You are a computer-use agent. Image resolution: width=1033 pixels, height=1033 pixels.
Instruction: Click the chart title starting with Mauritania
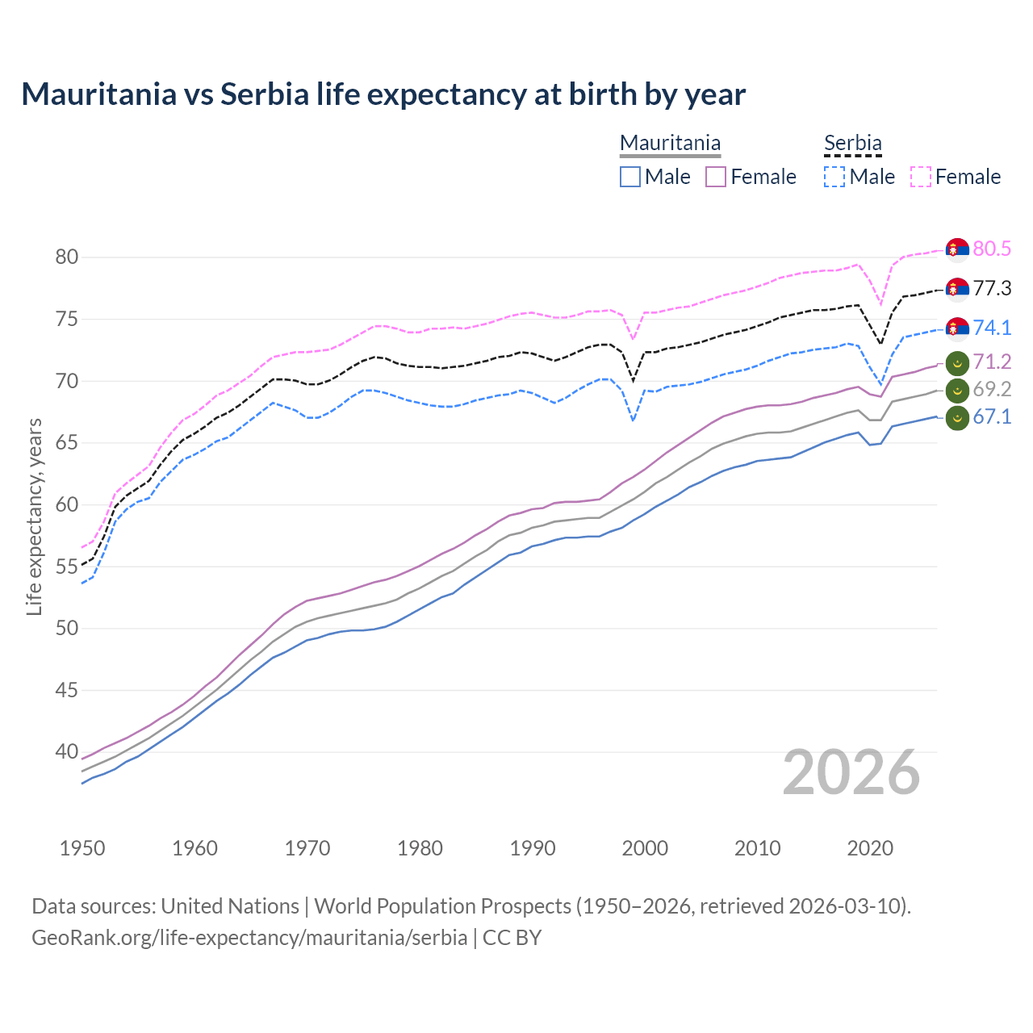click(383, 94)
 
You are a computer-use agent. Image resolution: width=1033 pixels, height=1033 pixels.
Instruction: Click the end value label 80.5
click(992, 249)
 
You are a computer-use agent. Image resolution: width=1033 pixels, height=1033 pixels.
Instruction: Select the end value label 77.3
click(992, 288)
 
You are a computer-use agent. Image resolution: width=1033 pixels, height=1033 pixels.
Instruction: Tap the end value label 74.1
click(992, 328)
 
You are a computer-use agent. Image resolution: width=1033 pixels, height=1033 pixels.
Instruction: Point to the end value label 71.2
click(992, 362)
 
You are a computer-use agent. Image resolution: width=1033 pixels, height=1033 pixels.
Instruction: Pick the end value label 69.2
click(992, 390)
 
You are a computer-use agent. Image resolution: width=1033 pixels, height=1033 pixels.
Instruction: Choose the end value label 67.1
click(992, 417)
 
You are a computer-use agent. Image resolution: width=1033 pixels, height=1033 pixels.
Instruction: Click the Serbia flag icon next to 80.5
click(957, 249)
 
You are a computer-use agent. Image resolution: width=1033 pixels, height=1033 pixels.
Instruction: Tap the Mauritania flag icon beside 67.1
click(957, 418)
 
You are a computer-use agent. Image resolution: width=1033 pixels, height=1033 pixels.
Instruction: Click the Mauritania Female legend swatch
click(716, 177)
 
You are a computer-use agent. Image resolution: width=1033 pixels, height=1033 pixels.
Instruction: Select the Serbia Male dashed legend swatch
click(834, 177)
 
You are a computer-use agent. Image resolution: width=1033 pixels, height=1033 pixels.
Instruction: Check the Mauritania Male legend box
click(630, 177)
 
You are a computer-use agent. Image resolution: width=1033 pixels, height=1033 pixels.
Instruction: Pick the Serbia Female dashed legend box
click(921, 177)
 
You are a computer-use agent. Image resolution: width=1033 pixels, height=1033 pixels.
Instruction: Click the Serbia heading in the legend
click(852, 144)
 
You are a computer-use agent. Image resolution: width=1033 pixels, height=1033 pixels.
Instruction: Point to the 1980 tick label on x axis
click(420, 848)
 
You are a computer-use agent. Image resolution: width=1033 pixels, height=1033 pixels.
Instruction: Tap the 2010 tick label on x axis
click(757, 848)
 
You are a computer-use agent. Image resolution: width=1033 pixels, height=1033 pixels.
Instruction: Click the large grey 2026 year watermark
click(851, 772)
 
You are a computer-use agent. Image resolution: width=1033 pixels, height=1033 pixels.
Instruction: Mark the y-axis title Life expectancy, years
click(34, 516)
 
